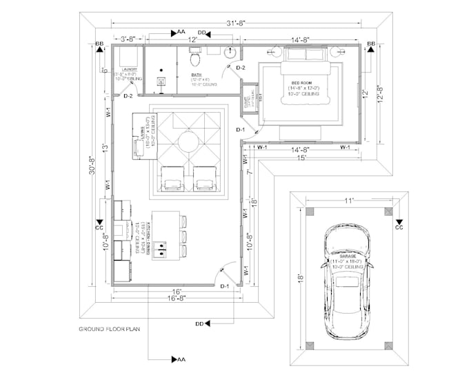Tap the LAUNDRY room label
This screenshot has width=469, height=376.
point(128,70)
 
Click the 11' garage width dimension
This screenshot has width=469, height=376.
point(350,200)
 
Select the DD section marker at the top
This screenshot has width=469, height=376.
point(203,32)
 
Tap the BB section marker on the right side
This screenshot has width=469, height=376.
point(370,45)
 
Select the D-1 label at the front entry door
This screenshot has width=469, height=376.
point(224,285)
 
